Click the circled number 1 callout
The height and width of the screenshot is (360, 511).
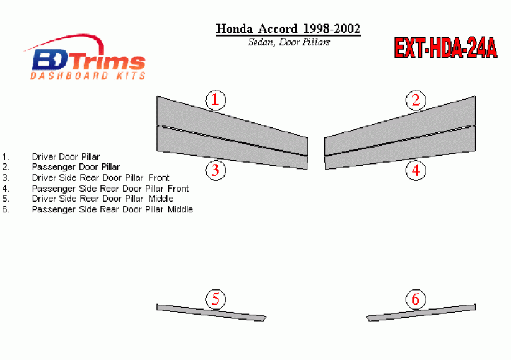pos(216,100)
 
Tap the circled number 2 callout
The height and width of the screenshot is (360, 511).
pos(416,100)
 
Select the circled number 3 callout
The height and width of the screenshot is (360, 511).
pos(216,170)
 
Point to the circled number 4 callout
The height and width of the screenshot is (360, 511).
pos(416,170)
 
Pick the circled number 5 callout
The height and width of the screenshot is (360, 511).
pos(216,299)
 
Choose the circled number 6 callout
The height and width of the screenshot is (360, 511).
pos(416,299)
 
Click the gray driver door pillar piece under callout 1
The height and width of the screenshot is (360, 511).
pos(232,125)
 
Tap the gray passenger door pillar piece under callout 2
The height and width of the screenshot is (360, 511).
pos(400,125)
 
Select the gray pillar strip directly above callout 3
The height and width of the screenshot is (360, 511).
pos(232,148)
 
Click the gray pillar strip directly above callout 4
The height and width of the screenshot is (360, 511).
pos(400,148)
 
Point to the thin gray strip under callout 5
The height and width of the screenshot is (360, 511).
pos(211,313)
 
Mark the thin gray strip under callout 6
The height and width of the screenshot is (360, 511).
pos(421,313)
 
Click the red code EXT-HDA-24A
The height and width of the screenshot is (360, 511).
pos(445,48)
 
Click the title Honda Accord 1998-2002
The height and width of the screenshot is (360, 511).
pos(288,28)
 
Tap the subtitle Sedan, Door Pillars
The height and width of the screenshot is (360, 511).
pos(289,42)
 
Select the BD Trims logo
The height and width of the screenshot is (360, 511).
pos(85,57)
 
